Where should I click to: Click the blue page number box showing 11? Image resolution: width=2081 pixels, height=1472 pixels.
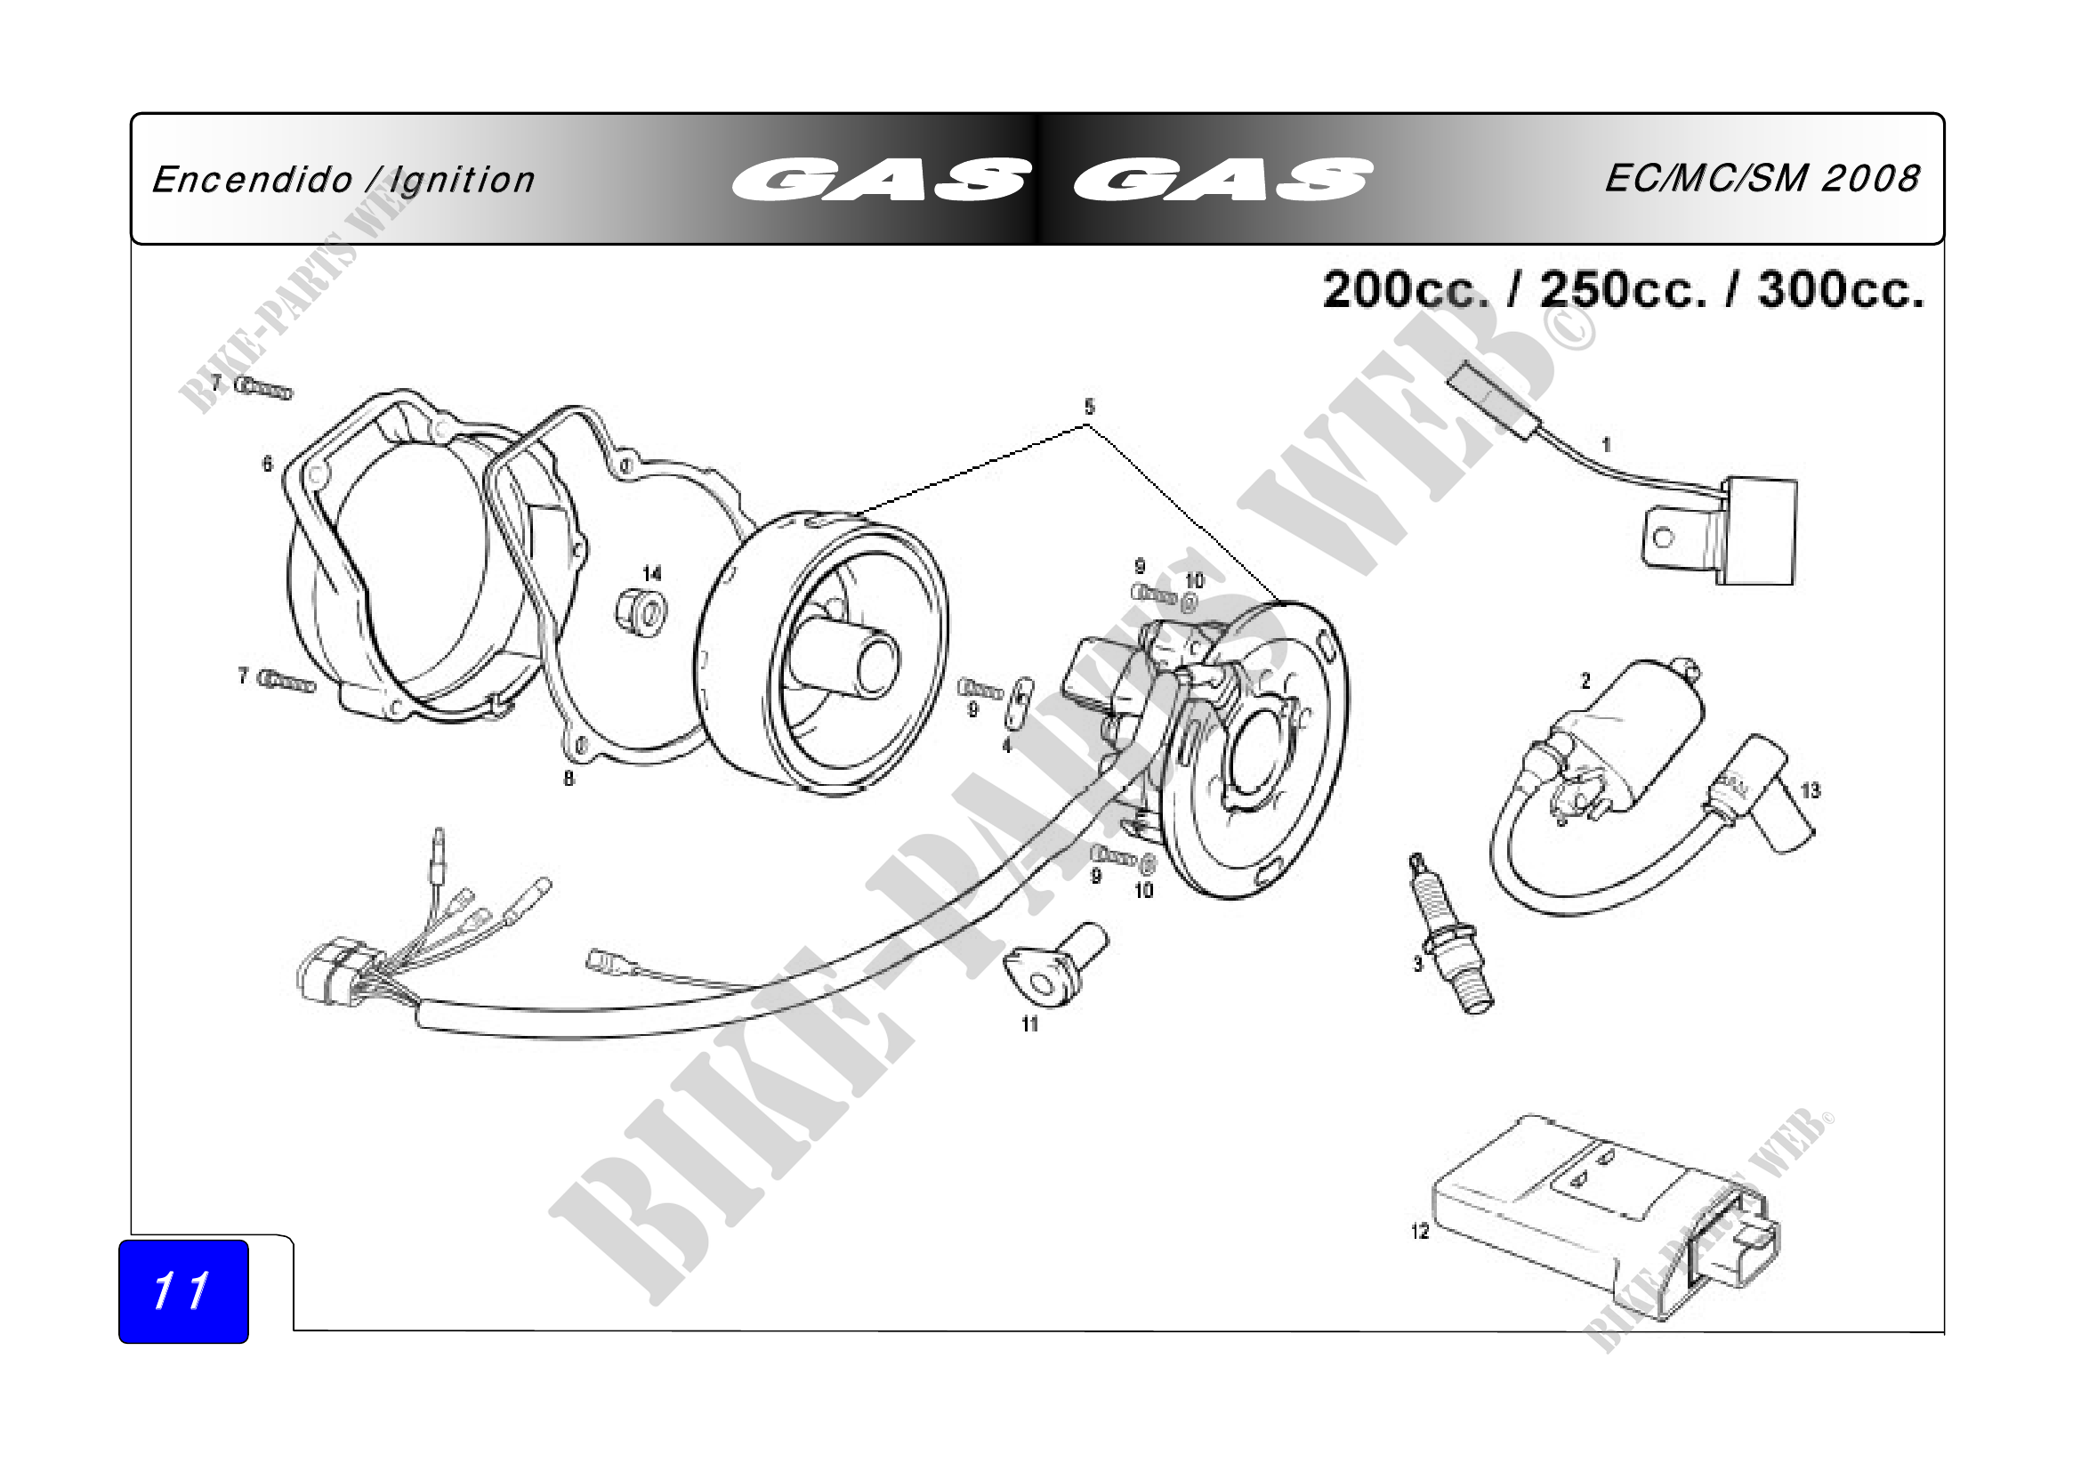183,1290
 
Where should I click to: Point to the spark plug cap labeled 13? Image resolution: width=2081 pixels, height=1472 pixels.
1762,794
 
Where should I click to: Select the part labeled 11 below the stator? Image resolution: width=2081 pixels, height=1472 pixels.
1055,964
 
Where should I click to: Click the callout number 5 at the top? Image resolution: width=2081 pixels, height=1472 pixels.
1090,406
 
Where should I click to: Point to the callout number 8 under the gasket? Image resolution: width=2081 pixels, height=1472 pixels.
569,778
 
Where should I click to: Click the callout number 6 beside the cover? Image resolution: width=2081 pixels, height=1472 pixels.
268,464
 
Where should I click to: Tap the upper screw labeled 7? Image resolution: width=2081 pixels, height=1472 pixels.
263,389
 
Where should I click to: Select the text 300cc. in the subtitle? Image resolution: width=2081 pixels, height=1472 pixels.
1841,291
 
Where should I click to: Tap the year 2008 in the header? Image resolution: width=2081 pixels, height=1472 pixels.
1871,179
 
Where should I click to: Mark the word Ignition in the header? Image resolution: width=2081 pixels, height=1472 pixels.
463,181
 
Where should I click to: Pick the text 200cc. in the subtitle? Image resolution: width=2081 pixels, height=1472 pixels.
1406,291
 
